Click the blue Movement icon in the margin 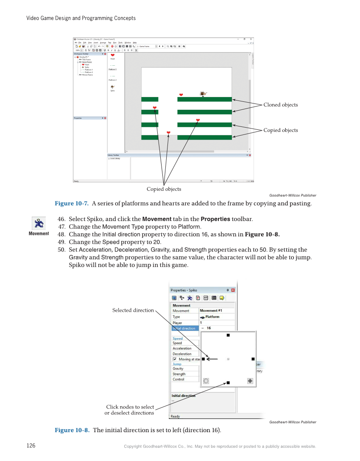click(x=39, y=223)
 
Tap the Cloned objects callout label click(x=280, y=105)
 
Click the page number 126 click(x=31, y=446)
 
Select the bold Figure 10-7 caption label click(x=71, y=204)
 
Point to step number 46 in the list click(x=61, y=219)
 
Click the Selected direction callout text click(x=133, y=310)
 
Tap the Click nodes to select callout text click(x=130, y=407)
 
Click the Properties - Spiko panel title click(x=184, y=290)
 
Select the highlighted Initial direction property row click(x=184, y=328)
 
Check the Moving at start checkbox click(x=174, y=359)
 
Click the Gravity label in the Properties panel click(x=178, y=369)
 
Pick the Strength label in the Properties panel click(x=179, y=374)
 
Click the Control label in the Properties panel click(x=179, y=380)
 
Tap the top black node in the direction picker click(x=228, y=335)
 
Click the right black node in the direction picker click(x=253, y=359)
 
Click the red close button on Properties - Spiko click(x=233, y=290)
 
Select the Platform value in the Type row click(x=212, y=317)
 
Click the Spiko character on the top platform click(x=203, y=94)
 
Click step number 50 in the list click(x=61, y=250)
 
